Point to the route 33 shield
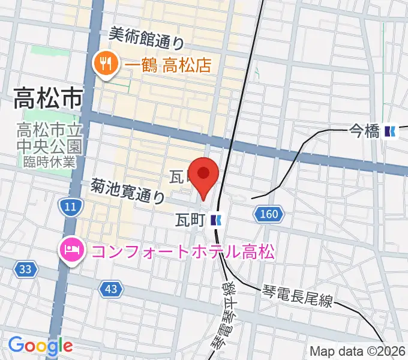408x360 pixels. click(x=25, y=269)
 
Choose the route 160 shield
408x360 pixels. click(x=268, y=213)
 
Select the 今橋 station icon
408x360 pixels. click(x=391, y=131)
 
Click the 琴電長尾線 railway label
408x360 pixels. click(x=296, y=296)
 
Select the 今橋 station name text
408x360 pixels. click(x=364, y=131)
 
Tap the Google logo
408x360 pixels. click(x=40, y=346)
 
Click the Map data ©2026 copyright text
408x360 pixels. click(x=358, y=351)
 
